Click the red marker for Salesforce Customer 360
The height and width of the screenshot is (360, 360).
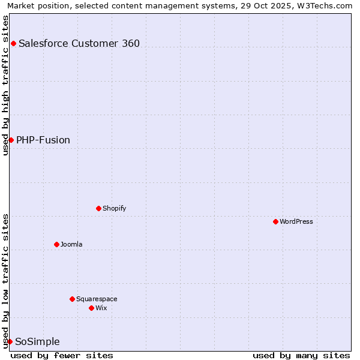point(13,43)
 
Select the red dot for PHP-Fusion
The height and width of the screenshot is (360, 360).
point(11,140)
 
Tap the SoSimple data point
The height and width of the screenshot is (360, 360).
point(10,341)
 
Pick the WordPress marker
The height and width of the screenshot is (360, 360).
point(275,221)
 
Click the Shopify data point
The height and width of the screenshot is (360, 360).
point(98,208)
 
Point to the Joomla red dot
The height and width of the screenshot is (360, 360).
point(56,244)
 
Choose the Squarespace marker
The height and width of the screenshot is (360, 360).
point(72,299)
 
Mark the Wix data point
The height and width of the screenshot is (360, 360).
point(91,308)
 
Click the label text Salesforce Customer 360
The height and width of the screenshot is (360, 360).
point(79,43)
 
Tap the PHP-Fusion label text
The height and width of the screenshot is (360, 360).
point(43,140)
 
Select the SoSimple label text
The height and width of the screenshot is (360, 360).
point(37,341)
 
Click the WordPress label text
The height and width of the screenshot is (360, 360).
point(296,221)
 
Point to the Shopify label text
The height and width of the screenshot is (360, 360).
point(114,208)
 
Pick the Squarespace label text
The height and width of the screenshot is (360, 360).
point(97,299)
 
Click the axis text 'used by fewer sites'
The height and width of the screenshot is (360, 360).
point(62,355)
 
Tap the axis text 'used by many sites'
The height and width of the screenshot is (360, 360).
point(301,355)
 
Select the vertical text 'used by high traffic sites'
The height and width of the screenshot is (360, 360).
point(5,85)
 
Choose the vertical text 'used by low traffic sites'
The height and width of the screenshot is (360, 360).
point(5,280)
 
